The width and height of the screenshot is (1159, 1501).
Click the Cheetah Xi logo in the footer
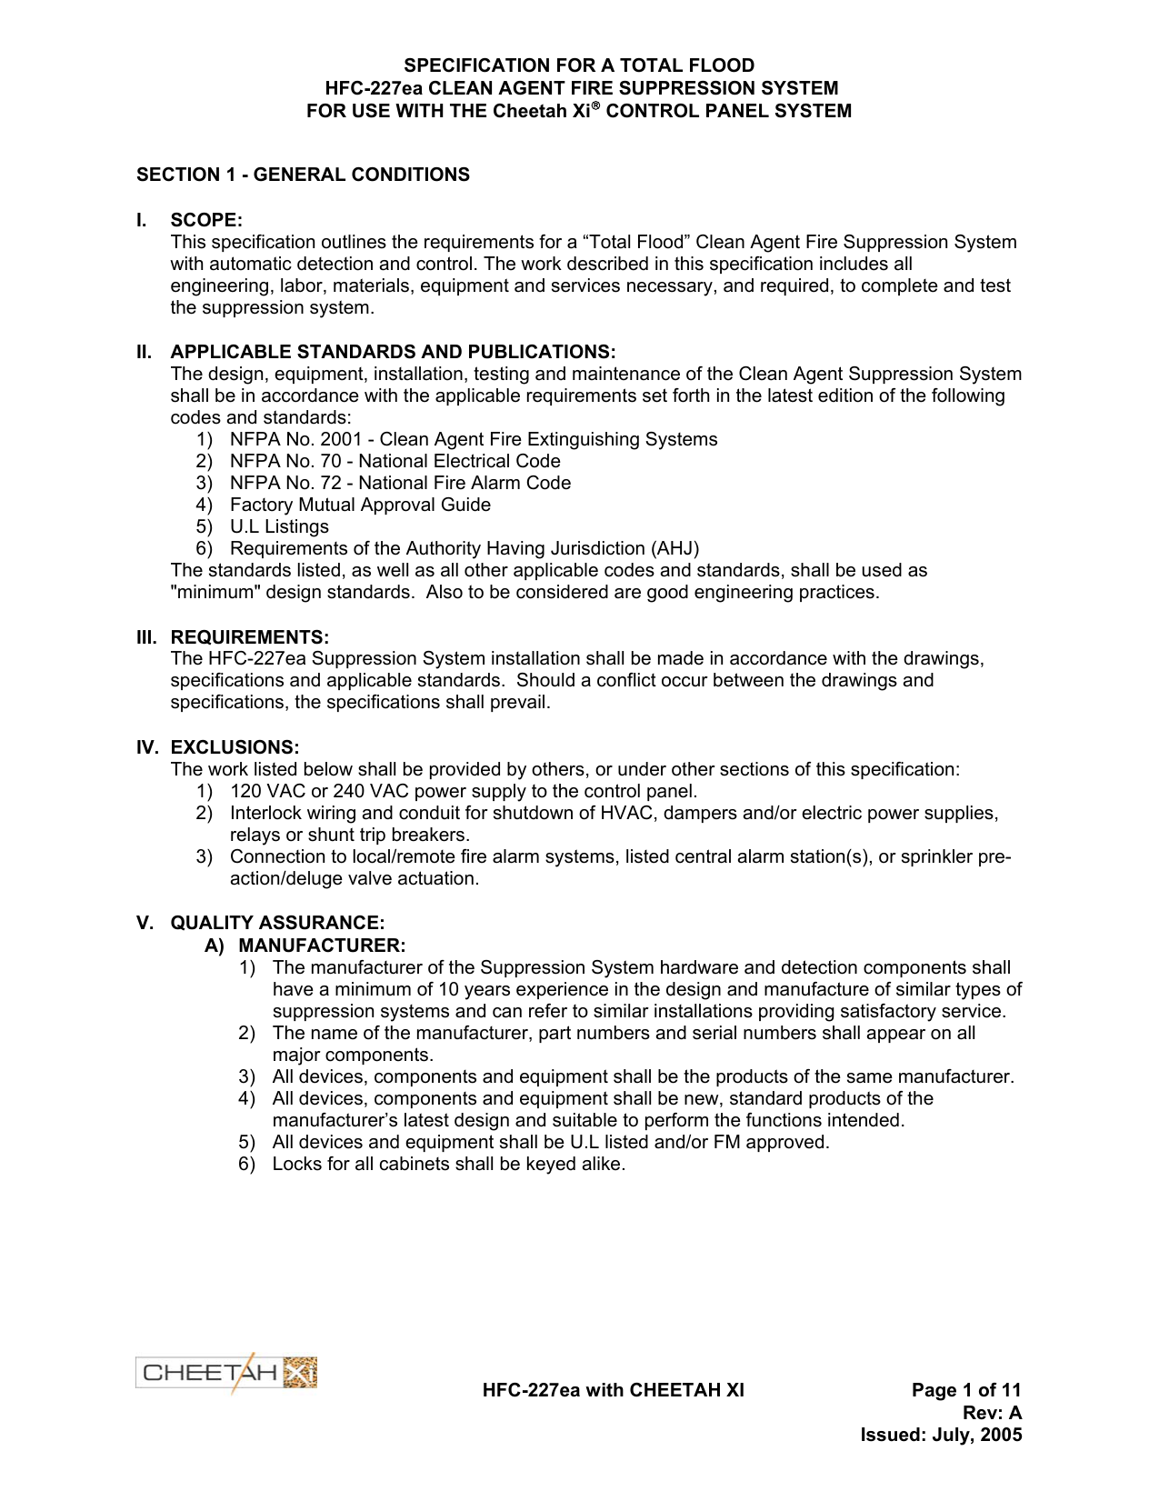226,1373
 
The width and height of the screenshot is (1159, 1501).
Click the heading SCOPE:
206,220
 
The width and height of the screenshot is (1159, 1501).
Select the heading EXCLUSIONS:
235,747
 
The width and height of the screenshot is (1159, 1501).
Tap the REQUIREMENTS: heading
250,636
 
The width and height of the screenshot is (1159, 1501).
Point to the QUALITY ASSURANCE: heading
277,923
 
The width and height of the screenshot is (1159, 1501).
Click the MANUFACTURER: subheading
322,946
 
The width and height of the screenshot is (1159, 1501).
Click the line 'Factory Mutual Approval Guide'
360,505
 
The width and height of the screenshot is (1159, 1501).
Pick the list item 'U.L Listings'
279,526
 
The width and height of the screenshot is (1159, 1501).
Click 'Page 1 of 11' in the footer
966,1390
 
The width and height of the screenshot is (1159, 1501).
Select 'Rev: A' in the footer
992,1413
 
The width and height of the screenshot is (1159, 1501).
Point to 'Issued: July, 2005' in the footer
941,1435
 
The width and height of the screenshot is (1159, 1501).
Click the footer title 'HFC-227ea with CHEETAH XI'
613,1390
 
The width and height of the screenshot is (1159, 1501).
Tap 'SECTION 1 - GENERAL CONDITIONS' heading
303,175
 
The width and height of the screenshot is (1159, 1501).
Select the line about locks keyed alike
448,1164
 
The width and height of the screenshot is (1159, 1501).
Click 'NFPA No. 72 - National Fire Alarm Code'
400,483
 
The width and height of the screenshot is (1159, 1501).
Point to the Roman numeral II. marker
145,352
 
